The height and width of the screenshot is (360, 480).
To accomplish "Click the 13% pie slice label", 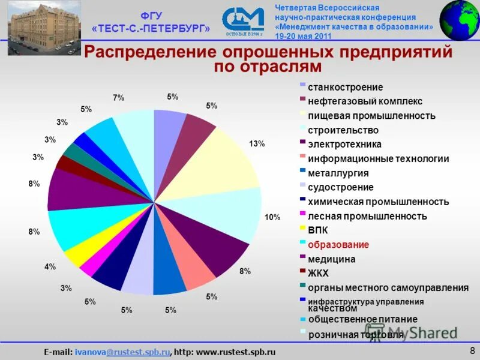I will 257,144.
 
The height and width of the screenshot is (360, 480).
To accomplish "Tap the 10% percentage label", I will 272,217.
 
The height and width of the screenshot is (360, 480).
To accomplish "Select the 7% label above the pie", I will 118,98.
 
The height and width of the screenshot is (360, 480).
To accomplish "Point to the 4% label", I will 50,267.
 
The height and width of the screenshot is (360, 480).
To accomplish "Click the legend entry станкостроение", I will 337,87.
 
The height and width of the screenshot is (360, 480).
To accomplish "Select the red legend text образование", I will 338,245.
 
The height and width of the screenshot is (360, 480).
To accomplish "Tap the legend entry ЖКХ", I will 319,273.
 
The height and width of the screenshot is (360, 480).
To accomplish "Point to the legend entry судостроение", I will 340,187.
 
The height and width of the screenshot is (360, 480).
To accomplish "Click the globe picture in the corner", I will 460,20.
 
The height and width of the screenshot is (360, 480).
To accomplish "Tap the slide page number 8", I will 472,350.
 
